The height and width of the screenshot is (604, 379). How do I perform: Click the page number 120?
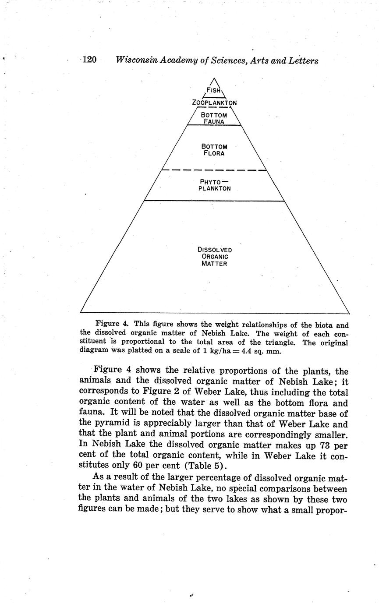click(89, 60)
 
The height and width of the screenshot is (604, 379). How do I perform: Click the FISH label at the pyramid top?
click(214, 90)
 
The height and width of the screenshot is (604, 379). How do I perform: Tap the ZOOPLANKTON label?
click(214, 103)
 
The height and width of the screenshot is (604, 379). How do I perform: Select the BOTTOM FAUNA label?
click(214, 118)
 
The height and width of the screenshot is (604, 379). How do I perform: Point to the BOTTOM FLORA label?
click(214, 150)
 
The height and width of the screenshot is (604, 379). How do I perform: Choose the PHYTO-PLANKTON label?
click(214, 185)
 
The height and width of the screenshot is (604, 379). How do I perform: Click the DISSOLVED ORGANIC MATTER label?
click(214, 257)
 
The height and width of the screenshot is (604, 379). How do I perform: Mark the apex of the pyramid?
click(214, 78)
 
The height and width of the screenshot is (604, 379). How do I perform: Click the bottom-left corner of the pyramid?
click(81, 312)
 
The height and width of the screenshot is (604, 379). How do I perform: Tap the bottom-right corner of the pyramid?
click(349, 313)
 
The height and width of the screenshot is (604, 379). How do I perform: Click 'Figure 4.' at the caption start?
click(111, 324)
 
